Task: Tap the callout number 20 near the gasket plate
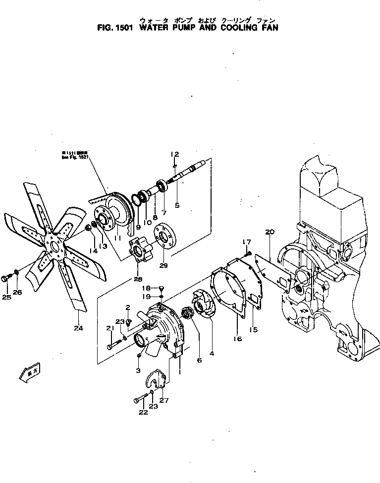coord(270,232)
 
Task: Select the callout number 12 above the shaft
coord(175,154)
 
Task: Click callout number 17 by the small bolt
coord(246,241)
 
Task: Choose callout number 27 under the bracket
coord(164,401)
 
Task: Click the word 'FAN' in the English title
coord(267,28)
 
